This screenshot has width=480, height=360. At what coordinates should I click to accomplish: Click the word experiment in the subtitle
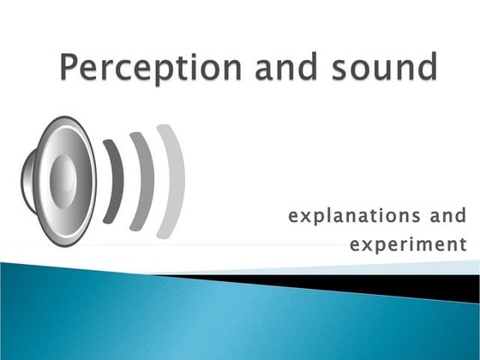tap(408, 245)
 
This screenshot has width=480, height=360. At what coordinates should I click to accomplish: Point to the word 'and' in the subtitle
tap(447, 214)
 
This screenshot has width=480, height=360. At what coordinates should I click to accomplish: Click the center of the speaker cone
tap(63, 181)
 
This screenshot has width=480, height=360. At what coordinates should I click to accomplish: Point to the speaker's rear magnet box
tap(28, 181)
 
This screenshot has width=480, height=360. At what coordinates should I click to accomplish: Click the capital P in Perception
tap(71, 67)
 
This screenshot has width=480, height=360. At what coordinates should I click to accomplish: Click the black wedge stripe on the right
tap(411, 286)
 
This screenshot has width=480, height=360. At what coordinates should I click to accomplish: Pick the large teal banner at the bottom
tap(171, 321)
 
